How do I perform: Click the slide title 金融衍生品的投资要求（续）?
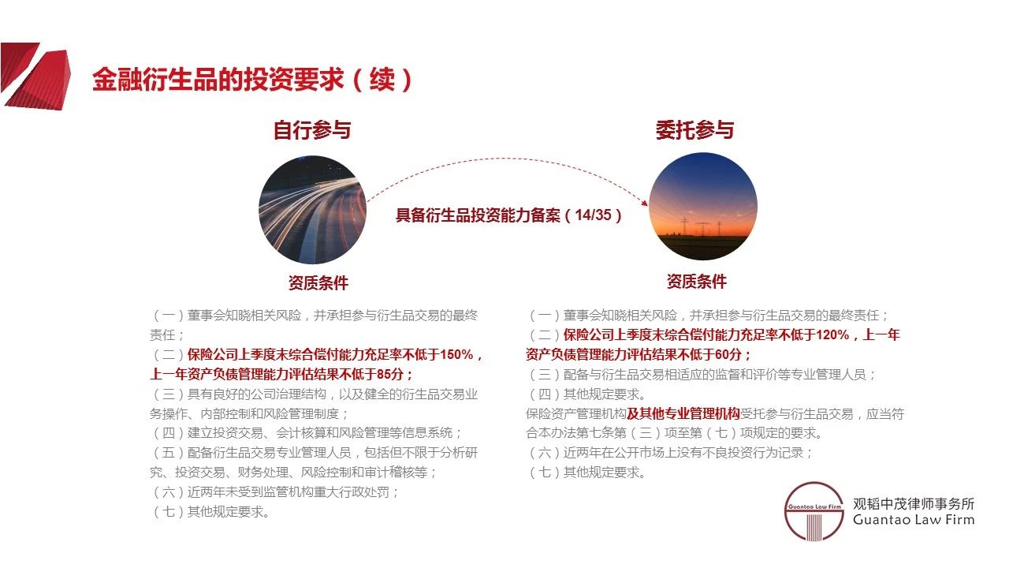coord(252,80)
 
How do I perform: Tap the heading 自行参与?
coord(312,130)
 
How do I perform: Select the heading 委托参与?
coord(694,130)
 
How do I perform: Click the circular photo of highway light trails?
coord(313,210)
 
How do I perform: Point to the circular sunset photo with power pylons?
coord(703,207)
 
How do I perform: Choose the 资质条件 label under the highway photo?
coord(318,282)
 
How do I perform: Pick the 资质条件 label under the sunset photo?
coord(697,281)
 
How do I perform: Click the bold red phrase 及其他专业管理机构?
coord(683,413)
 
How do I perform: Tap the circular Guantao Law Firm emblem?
coord(814,511)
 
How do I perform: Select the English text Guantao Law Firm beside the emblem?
coord(914,520)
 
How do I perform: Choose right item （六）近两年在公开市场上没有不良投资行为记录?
coord(670,453)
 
